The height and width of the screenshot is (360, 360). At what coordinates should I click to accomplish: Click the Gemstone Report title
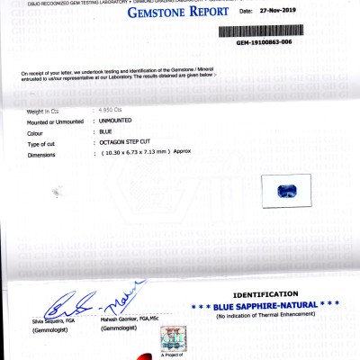click(175, 13)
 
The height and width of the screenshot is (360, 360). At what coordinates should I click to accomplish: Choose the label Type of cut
click(44, 144)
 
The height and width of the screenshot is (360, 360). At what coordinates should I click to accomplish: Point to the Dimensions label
click(43, 154)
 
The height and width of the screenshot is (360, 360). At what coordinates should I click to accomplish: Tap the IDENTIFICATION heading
click(265, 294)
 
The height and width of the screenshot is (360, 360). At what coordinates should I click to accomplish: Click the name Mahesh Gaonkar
click(125, 321)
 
